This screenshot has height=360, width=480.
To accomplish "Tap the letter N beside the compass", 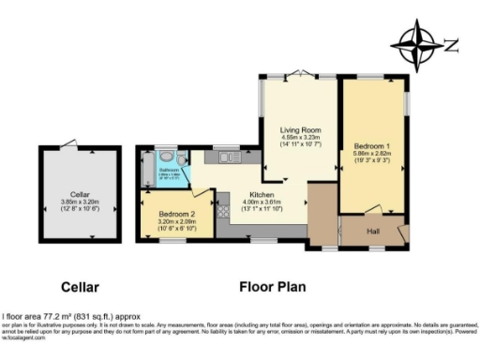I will point(451,43).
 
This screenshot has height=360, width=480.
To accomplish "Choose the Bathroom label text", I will point(170,172).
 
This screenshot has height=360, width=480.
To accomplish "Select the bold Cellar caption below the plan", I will point(81,287).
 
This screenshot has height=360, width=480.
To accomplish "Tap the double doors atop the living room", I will point(299,74).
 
